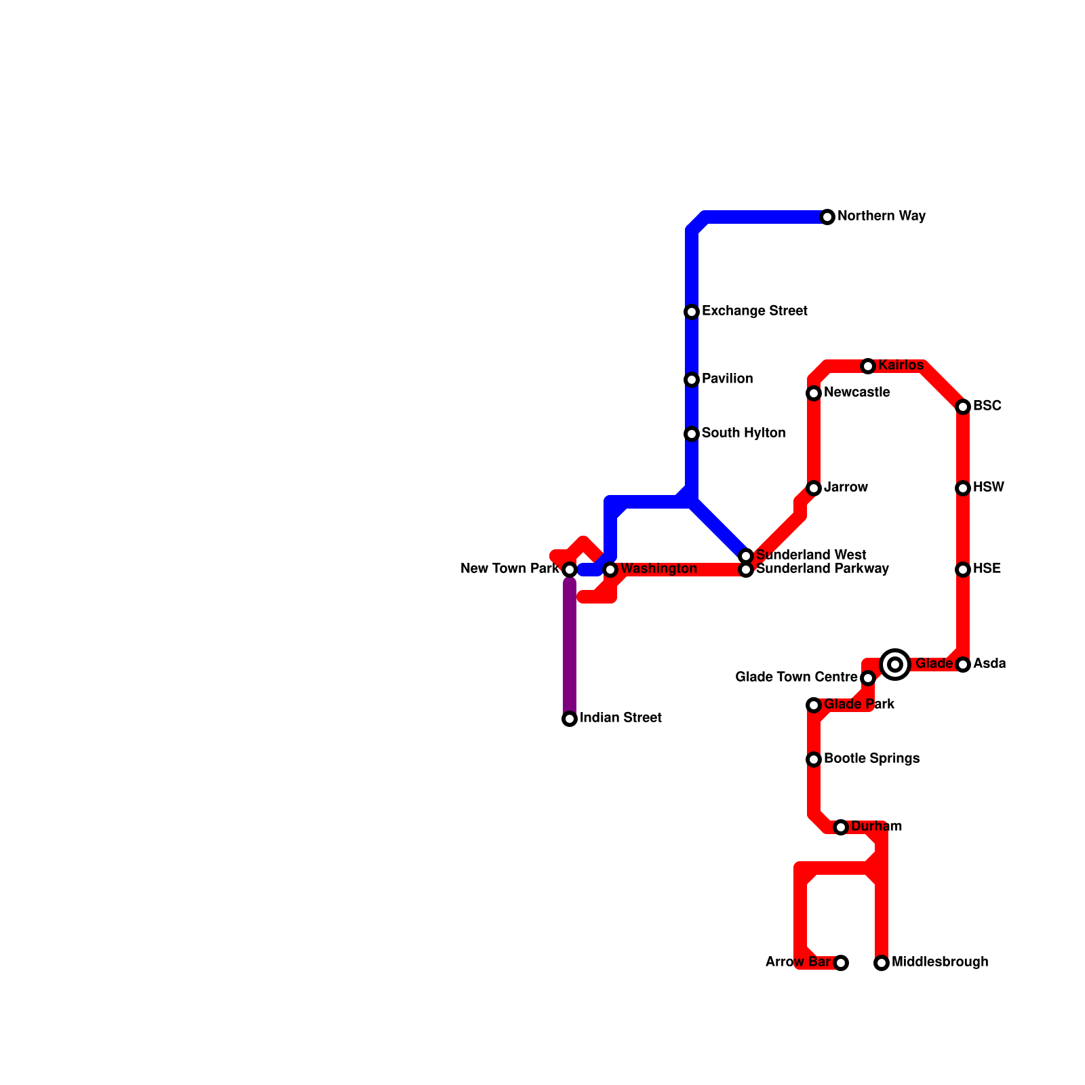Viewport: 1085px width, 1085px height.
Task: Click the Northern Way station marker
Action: coord(827,217)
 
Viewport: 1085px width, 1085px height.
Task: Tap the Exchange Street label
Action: coord(754,311)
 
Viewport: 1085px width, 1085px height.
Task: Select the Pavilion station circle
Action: coord(692,380)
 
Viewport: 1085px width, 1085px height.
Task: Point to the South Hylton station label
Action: coord(743,433)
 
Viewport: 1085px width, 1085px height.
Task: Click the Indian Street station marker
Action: coord(570,719)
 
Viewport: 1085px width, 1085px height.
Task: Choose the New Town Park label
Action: coord(509,569)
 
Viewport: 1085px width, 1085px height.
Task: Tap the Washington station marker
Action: coord(610,570)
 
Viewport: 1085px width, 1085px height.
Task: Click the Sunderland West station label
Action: coord(811,555)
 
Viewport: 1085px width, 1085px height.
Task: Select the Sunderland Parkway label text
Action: coord(822,569)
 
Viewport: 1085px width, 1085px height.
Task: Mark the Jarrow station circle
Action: coord(814,488)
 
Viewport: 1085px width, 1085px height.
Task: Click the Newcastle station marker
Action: coord(814,393)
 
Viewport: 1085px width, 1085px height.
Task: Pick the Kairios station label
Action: coord(901,366)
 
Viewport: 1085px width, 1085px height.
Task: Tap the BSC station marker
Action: coord(963,407)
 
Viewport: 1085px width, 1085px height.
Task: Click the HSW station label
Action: coord(988,488)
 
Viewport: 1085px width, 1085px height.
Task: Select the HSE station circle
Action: coord(963,570)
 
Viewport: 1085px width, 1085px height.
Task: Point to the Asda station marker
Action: coord(963,665)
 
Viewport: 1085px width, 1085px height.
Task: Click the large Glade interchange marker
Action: coord(895,665)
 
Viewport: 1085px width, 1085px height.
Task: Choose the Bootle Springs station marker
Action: coord(814,759)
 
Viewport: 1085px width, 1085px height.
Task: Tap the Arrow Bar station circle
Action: coord(841,963)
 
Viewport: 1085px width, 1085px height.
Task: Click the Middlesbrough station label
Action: coord(939,962)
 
